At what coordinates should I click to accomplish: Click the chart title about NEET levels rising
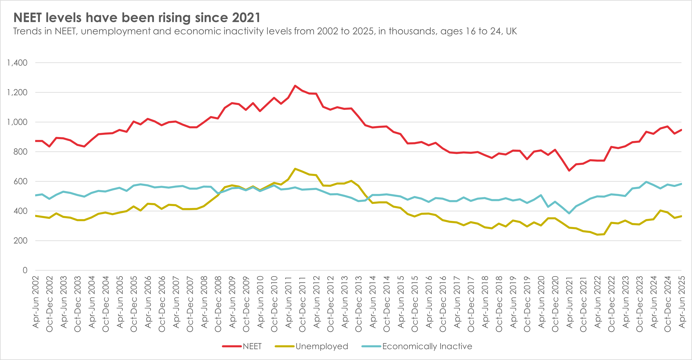click(137, 18)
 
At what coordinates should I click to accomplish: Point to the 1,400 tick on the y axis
click(17, 63)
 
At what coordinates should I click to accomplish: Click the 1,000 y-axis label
click(17, 122)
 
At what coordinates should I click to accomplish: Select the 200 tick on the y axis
click(20, 241)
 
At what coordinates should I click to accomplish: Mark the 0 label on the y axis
click(25, 270)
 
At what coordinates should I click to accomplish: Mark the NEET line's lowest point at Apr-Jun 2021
click(569, 171)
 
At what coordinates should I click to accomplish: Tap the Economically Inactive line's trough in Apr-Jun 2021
click(569, 213)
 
